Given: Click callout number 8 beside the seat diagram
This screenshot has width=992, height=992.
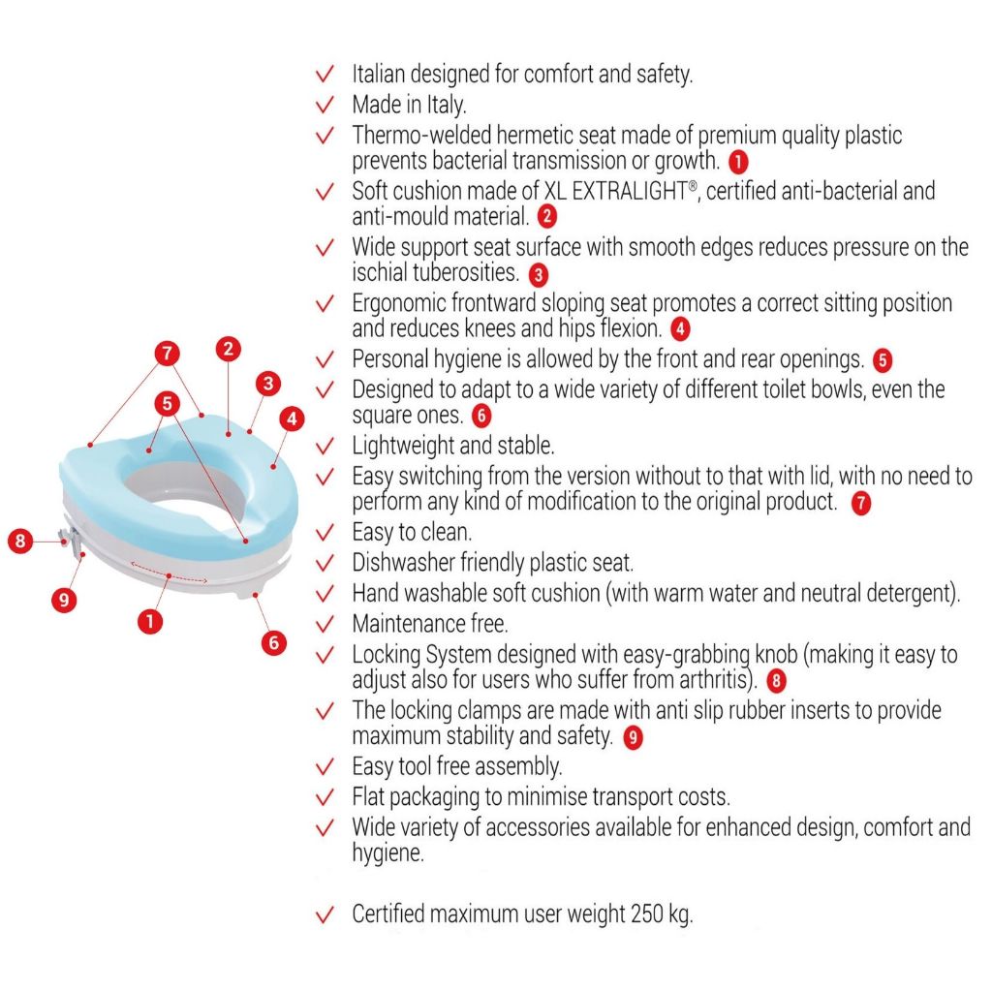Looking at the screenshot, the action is point(20,541).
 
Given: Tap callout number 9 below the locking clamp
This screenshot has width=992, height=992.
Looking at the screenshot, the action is point(64,599).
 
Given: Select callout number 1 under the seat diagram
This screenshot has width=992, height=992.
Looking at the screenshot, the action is point(150,621).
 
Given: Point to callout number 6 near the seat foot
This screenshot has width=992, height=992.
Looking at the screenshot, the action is point(274,643).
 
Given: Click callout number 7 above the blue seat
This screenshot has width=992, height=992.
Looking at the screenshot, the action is point(167,353).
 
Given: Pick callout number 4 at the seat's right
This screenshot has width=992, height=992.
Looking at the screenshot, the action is point(292,418).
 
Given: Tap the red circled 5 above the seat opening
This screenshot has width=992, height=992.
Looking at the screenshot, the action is point(167,403).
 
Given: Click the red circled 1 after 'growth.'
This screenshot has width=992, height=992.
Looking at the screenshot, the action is point(738,162).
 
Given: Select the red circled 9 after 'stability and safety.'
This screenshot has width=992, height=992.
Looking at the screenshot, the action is point(633,737).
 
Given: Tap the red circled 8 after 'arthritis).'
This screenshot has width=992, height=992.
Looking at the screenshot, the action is point(776,681).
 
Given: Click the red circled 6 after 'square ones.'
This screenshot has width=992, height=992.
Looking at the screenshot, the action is point(481,416).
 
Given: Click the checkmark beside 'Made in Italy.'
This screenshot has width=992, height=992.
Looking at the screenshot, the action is point(325,105).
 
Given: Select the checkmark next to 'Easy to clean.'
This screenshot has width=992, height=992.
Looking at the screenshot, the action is point(325,533).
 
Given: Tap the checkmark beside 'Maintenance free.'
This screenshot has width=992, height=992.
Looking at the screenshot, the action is point(325,625).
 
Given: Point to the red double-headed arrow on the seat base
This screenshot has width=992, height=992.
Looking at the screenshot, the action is point(169,572).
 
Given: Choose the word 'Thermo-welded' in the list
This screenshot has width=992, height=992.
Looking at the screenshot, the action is point(421,135).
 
